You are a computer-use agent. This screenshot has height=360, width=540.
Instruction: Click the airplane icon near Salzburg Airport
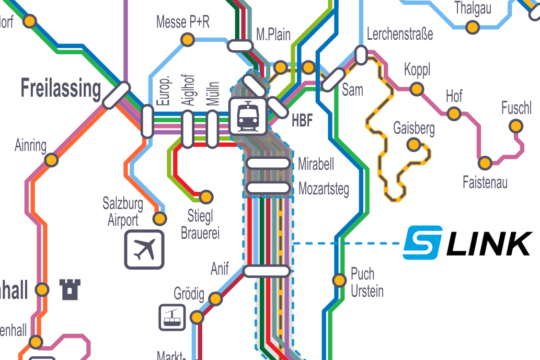[x=144, y=249]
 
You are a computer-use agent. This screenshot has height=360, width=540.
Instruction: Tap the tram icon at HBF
[x=248, y=117]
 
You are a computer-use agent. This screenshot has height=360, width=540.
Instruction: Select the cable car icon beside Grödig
[x=172, y=317]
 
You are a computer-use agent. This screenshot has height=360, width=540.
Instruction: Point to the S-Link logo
[x=467, y=242]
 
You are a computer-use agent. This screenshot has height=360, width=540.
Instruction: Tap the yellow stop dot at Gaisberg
[x=413, y=144]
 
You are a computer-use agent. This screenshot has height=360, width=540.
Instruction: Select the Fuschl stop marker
[x=516, y=126]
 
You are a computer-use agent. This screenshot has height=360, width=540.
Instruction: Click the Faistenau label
[x=485, y=182]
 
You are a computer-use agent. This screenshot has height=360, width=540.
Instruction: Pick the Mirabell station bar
[x=268, y=164]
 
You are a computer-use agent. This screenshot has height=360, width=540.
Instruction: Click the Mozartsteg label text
[x=324, y=189]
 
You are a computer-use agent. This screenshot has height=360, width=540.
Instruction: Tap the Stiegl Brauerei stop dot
[x=207, y=197]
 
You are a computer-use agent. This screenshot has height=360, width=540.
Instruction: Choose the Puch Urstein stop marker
[x=339, y=280]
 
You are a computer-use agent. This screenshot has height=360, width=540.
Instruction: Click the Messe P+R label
[x=183, y=22]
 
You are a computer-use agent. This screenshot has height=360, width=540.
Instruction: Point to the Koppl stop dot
[x=417, y=89]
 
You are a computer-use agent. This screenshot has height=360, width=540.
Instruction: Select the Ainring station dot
[x=51, y=160]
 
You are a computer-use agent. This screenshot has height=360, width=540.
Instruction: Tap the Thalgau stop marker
[x=473, y=27]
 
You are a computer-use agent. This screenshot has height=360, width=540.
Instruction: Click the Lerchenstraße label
[x=400, y=35]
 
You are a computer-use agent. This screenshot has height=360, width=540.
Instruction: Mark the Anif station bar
[x=267, y=271]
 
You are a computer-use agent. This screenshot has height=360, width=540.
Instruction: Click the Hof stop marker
[x=454, y=113]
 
